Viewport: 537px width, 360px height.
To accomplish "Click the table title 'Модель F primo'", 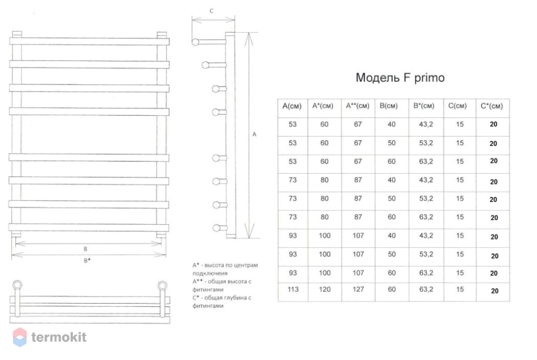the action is click(x=400, y=78).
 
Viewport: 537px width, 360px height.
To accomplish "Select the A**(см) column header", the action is click(x=357, y=106).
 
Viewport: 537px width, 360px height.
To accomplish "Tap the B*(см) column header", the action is click(x=424, y=106).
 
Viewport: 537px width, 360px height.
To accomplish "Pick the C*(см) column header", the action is click(x=492, y=106).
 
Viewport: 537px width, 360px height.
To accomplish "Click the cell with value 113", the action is click(x=293, y=289).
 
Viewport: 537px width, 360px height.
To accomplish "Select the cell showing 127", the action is click(x=358, y=289).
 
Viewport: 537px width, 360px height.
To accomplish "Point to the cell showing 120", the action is click(x=325, y=289).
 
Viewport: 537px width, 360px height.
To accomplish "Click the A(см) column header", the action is click(x=292, y=106).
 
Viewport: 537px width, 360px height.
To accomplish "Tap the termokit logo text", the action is click(x=59, y=337).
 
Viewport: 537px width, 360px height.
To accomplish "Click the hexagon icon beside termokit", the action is click(x=20, y=337).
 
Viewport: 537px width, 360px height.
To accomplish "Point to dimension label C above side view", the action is click(x=211, y=11).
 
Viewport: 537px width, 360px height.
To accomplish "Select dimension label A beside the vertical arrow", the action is click(x=254, y=134).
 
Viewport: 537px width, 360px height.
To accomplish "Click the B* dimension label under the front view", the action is click(x=88, y=260).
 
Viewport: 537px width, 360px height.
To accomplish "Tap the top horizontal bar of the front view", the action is click(x=90, y=41).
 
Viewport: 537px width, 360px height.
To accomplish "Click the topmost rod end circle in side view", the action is click(x=196, y=42).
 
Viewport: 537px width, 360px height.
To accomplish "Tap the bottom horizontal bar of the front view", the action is click(x=89, y=227).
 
